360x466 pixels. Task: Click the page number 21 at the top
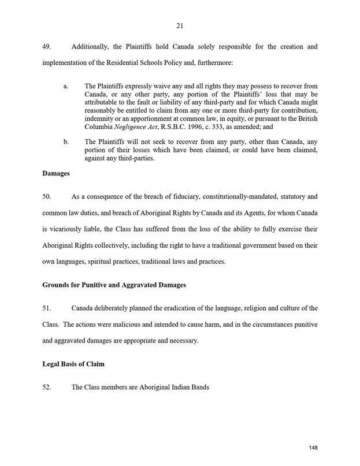[x=180, y=25]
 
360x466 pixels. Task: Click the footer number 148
[x=313, y=448]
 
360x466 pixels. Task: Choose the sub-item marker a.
[x=66, y=86]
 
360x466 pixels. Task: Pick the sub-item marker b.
[x=66, y=141]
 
